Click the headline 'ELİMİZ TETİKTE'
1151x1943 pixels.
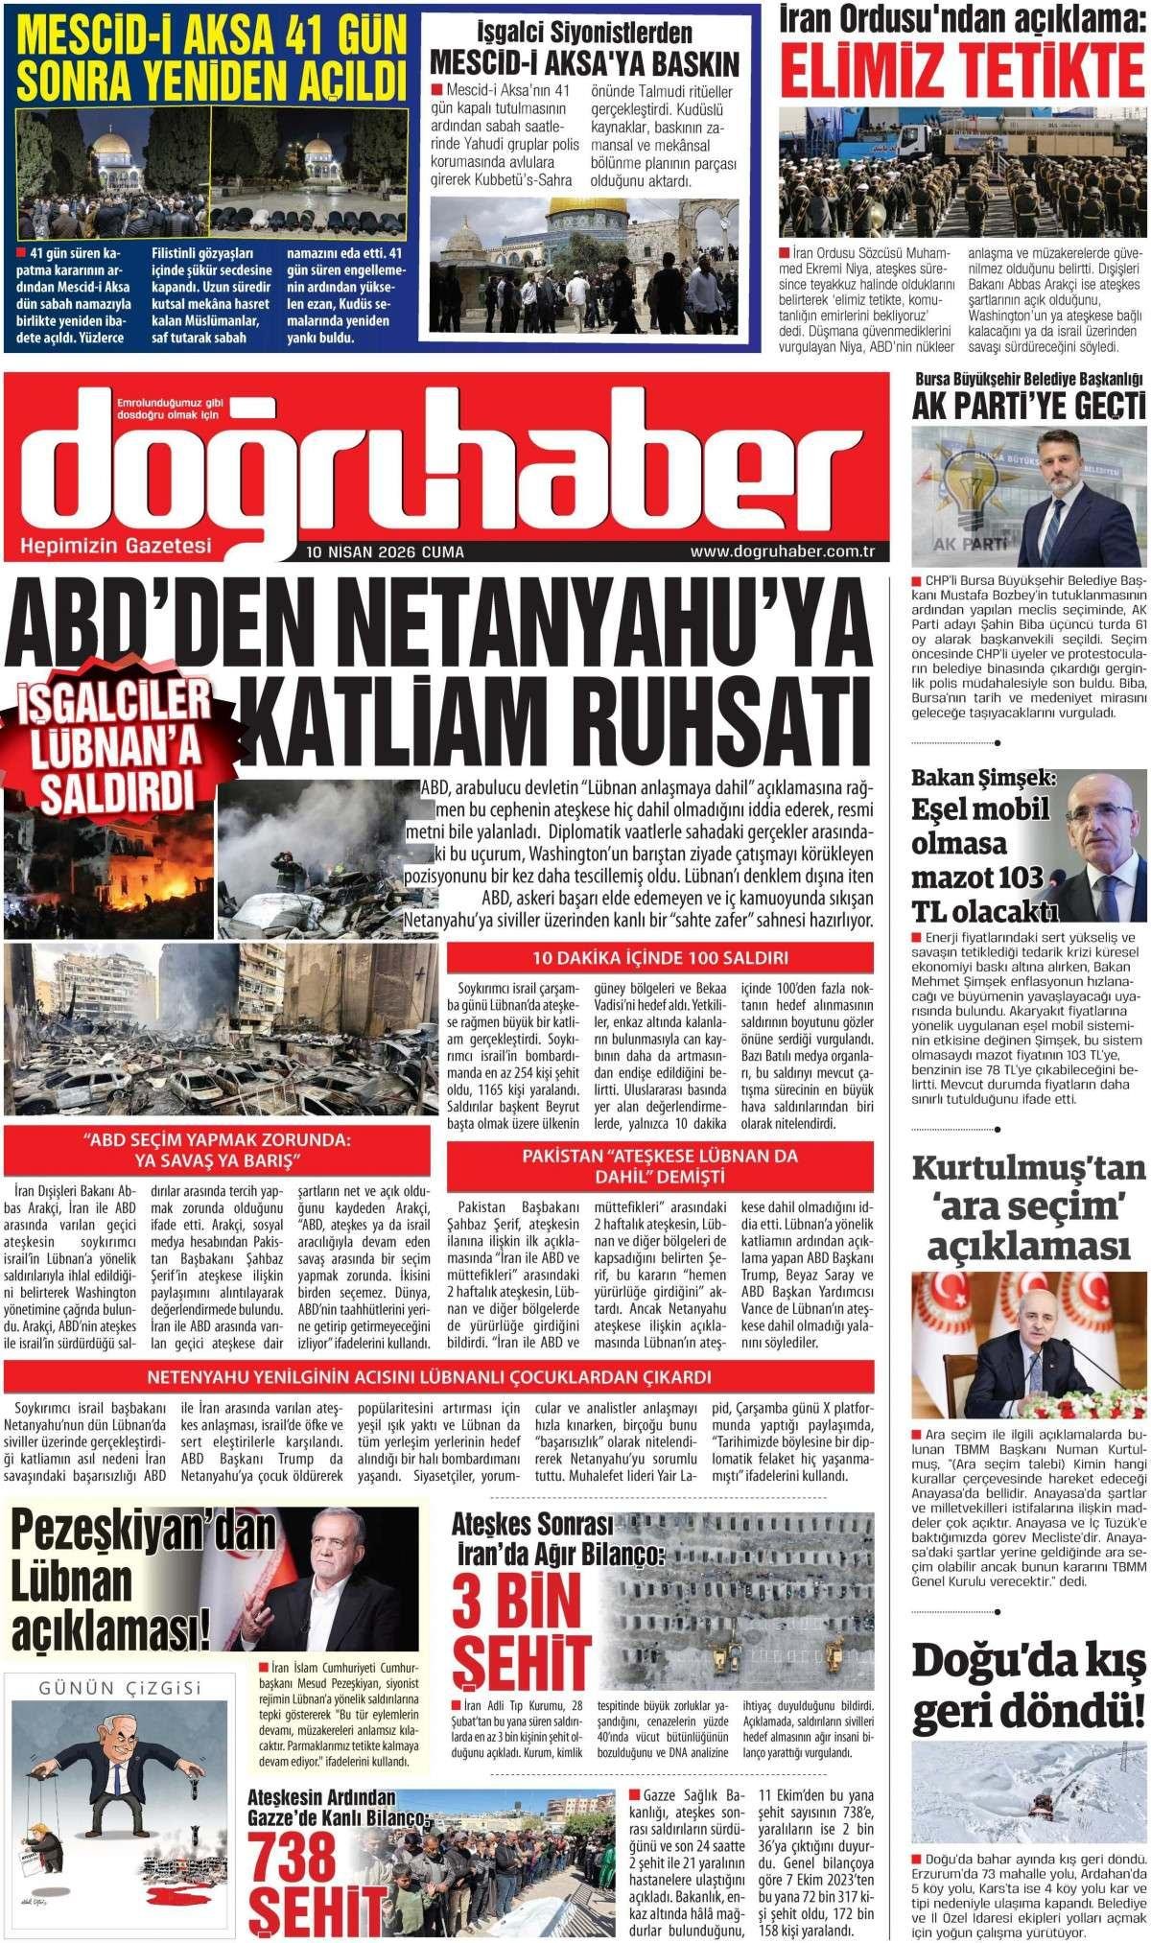962,69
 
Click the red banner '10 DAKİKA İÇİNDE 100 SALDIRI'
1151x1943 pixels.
661,957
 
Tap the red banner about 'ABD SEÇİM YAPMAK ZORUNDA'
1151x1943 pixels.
216,1150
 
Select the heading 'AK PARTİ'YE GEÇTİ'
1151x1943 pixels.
1028,406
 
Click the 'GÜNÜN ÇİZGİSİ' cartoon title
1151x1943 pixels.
120,1687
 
